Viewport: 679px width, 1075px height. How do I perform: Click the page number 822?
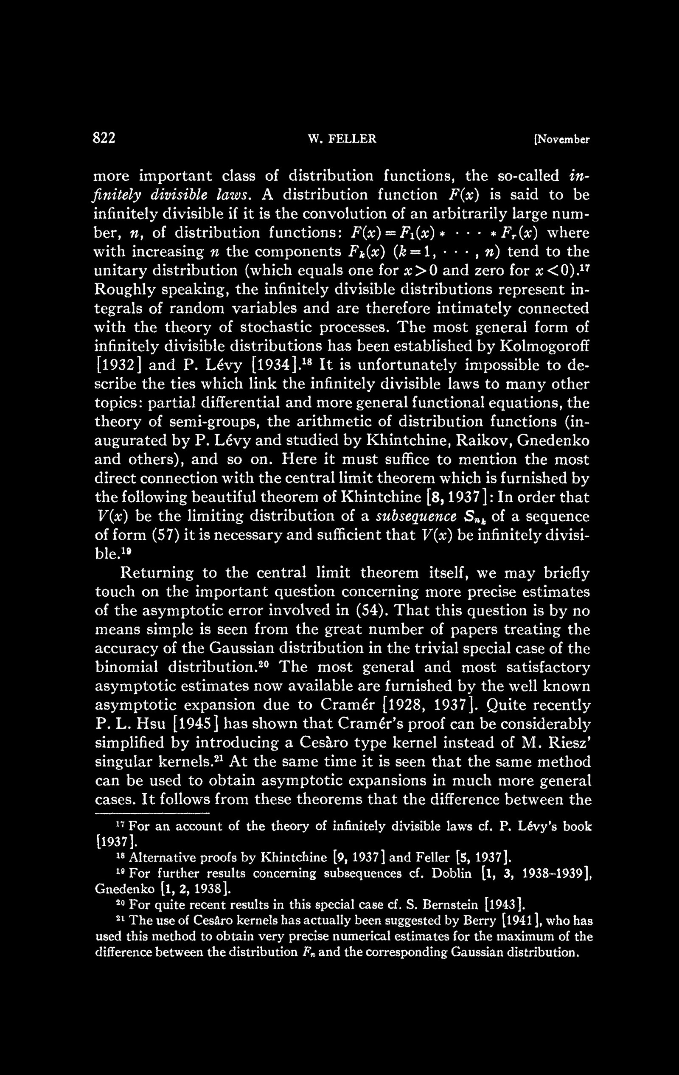coord(104,138)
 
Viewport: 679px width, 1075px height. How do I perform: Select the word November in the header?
coord(562,140)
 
